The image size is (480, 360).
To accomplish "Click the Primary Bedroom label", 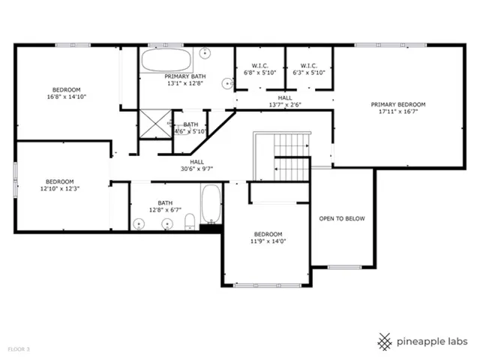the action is (398, 104).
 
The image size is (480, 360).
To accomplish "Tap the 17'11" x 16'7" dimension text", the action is (398, 112).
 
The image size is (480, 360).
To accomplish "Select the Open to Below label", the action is (342, 218).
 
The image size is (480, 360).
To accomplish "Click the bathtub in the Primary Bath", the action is (166, 60).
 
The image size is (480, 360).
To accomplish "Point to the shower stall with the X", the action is (155, 124).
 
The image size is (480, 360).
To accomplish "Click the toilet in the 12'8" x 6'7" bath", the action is (190, 222).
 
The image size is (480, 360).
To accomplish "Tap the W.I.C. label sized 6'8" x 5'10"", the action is (260, 69).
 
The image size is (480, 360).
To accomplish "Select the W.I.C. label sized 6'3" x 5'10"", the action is (308, 69).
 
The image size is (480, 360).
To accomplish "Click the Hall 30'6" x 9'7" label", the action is (196, 165).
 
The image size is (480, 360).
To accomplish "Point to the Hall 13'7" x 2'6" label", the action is (285, 101).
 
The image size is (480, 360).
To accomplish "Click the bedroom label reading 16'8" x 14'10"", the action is (67, 93).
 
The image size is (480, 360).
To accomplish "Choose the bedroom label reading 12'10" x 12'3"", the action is (60, 185).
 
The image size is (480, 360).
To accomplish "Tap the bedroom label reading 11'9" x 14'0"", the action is (268, 238).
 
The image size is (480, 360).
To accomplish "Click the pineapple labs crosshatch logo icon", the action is (385, 342).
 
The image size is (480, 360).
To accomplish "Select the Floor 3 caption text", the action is (19, 349).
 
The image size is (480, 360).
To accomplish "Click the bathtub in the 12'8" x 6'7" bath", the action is (211, 203).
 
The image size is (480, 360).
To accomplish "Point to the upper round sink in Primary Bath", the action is (205, 53).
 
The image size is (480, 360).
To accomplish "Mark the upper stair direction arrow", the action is (307, 146).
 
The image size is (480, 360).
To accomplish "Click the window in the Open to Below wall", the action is (345, 267).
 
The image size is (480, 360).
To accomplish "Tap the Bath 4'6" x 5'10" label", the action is (190, 128).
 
